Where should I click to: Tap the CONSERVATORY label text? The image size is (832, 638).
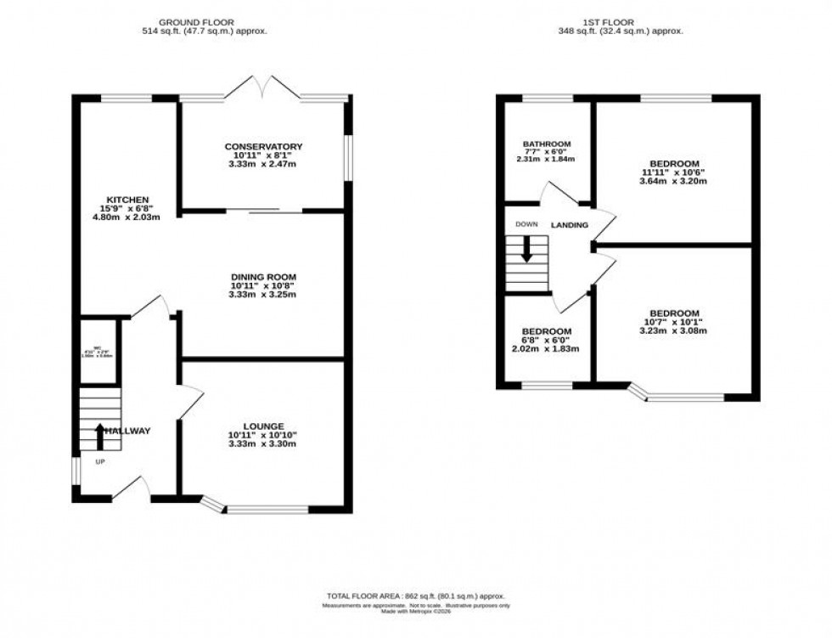pyautogui.click(x=263, y=146)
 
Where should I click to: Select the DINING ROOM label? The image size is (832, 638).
pyautogui.click(x=263, y=277)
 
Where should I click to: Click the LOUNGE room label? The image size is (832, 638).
pyautogui.click(x=263, y=426)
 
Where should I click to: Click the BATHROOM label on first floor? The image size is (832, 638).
pyautogui.click(x=546, y=144)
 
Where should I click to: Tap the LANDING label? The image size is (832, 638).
pyautogui.click(x=570, y=225)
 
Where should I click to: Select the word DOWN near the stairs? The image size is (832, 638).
pyautogui.click(x=526, y=225)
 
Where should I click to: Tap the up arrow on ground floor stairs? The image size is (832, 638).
pyautogui.click(x=99, y=434)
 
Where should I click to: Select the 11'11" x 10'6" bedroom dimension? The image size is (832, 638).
pyautogui.click(x=674, y=172)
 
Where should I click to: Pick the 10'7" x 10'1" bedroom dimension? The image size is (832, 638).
pyautogui.click(x=674, y=322)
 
